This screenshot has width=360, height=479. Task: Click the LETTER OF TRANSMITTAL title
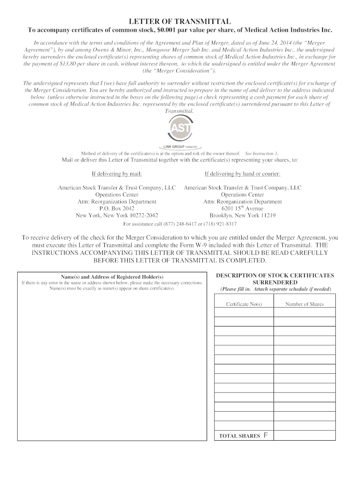click(x=180, y=22)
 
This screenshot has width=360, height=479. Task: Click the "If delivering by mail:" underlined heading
click(x=117, y=174)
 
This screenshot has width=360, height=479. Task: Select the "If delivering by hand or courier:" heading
click(x=242, y=174)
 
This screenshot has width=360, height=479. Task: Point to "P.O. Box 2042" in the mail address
click(x=117, y=209)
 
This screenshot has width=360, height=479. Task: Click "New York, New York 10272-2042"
click(x=117, y=216)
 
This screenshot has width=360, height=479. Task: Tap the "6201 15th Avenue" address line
click(x=242, y=209)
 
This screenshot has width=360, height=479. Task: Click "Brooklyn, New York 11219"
click(x=242, y=216)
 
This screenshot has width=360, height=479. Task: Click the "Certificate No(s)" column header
click(x=244, y=304)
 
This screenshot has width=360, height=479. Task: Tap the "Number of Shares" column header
click(x=304, y=304)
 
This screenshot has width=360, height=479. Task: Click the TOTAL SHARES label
click(x=239, y=436)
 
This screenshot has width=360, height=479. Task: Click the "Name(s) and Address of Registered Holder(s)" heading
click(x=112, y=277)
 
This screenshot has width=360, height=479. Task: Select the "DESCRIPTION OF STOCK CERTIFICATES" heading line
click(x=275, y=276)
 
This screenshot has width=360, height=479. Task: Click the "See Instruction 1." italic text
click(x=262, y=153)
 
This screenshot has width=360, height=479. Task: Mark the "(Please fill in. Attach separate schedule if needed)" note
click(x=275, y=290)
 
